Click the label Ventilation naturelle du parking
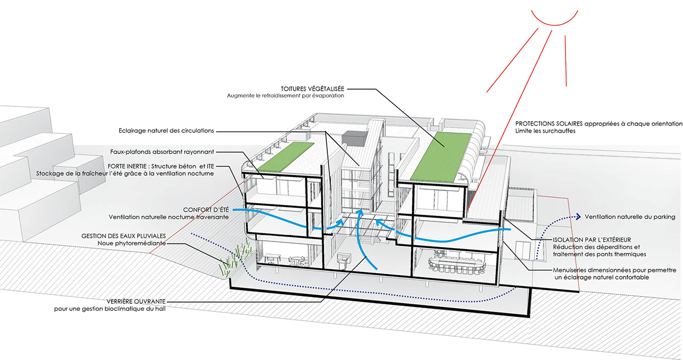coord(630,217)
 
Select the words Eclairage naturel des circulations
coord(166,131)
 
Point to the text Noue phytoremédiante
coord(132,243)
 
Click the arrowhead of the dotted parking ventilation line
coord(577,217)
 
